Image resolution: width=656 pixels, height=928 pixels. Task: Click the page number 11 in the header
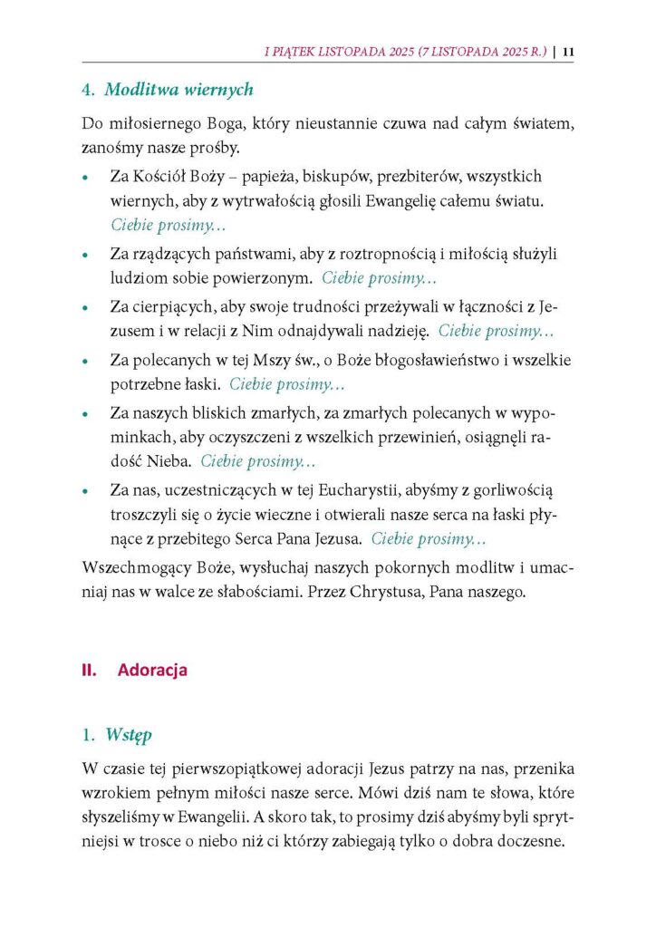pos(568,52)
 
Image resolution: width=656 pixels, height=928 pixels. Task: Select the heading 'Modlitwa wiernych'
pos(179,90)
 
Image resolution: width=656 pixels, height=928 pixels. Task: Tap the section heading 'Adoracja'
pos(152,671)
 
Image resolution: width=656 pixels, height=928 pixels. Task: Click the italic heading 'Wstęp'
pos(128,732)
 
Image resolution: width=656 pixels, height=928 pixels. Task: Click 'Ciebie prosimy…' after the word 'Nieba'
pos(258,462)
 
